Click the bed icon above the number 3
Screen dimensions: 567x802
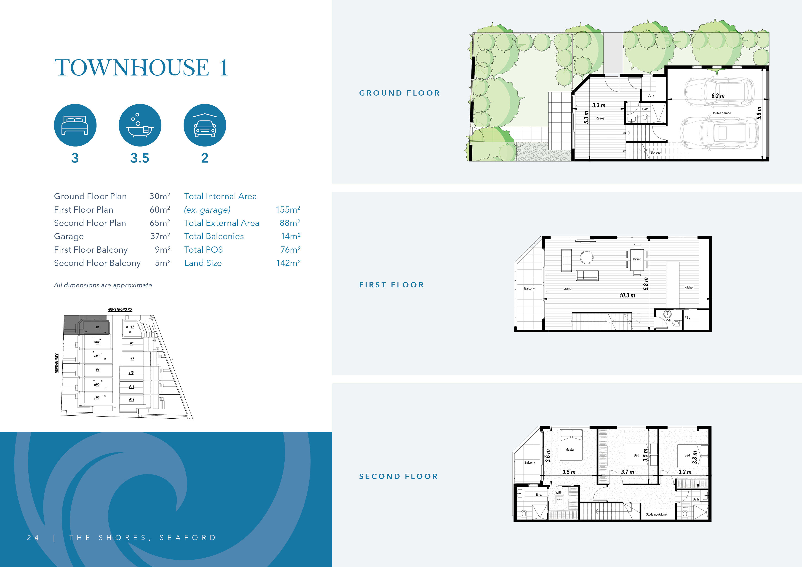tap(75, 125)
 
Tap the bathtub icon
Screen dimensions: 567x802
tap(140, 125)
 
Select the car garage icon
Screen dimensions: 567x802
tap(205, 125)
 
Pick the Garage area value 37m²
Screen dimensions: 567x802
tap(160, 236)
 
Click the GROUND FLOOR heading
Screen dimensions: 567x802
tap(399, 93)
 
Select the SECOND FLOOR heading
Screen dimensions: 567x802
tap(398, 476)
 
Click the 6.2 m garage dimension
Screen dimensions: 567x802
tap(718, 96)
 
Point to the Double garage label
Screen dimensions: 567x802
tap(721, 113)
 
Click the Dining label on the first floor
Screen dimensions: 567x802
tap(637, 259)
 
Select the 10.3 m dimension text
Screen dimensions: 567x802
tap(627, 295)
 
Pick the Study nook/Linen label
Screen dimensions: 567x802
tap(657, 514)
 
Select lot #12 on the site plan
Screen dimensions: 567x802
tap(131, 399)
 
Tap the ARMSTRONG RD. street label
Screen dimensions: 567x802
tap(120, 310)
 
